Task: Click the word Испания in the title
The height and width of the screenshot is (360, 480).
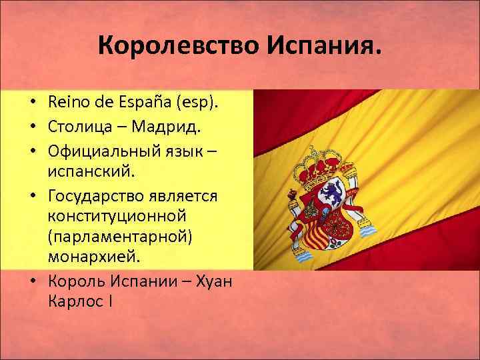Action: click(x=325, y=47)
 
